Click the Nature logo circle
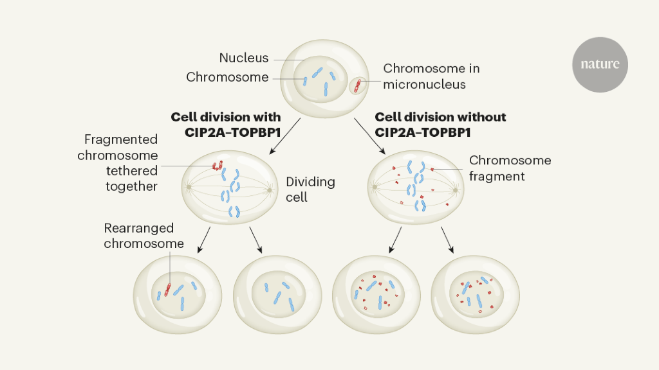[x=600, y=64]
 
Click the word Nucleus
[x=244, y=58]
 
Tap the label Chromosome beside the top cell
[x=227, y=77]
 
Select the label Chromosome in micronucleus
[x=431, y=76]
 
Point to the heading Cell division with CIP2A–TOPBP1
[x=226, y=124]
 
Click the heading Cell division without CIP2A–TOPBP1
[x=440, y=124]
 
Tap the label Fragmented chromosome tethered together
[x=118, y=163]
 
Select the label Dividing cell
[x=311, y=189]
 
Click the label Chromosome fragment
[x=510, y=168]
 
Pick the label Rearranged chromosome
[x=144, y=236]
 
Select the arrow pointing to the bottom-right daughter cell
[x=447, y=239]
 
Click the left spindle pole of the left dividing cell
[x=189, y=188]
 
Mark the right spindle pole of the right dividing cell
[x=456, y=189]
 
